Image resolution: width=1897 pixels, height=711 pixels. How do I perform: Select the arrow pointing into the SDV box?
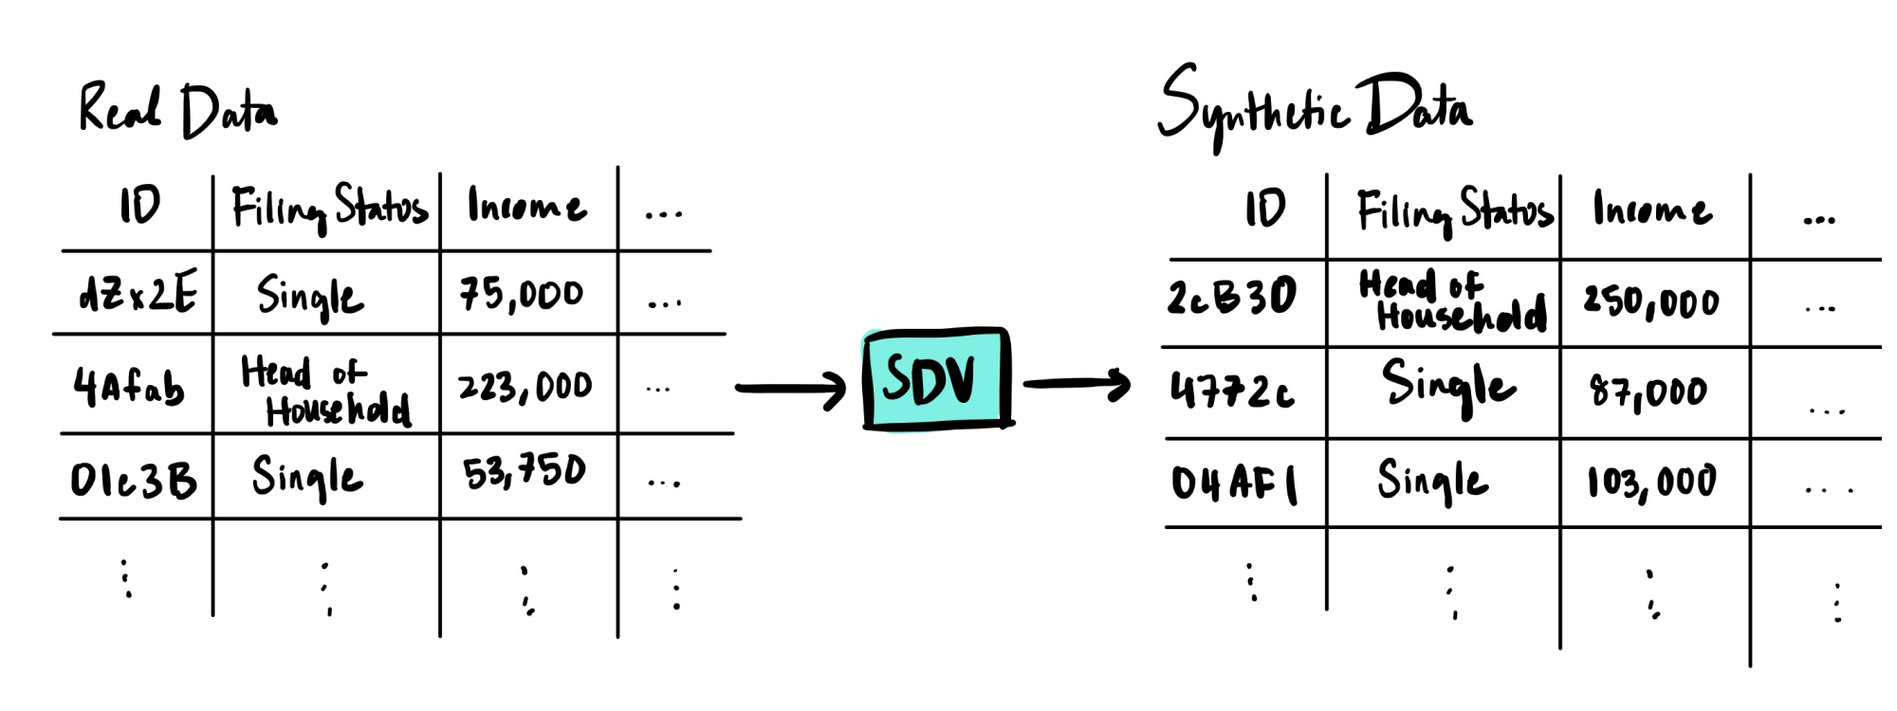tap(790, 389)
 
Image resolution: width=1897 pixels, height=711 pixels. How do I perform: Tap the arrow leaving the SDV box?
tap(1077, 384)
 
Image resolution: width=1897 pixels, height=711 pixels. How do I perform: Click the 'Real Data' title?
tap(177, 110)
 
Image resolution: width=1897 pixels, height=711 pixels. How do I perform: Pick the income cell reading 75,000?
tap(522, 294)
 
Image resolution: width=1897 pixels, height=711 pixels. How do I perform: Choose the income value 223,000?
tap(525, 387)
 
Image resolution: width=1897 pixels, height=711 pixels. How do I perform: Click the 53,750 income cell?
tap(525, 472)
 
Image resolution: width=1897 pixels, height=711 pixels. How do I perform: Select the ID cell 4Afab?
tap(129, 387)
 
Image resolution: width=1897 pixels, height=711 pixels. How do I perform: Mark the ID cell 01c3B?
tap(134, 480)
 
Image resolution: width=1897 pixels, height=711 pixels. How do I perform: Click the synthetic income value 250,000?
tap(1650, 301)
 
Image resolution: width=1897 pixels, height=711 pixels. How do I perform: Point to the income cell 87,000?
tap(1648, 391)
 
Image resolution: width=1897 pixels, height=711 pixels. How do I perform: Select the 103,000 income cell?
tap(1651, 482)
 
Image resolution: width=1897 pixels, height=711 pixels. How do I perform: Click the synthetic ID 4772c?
tap(1232, 390)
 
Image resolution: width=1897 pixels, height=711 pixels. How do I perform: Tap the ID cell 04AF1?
tap(1234, 483)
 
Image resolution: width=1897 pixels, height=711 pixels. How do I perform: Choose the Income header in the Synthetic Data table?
tap(1652, 209)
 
